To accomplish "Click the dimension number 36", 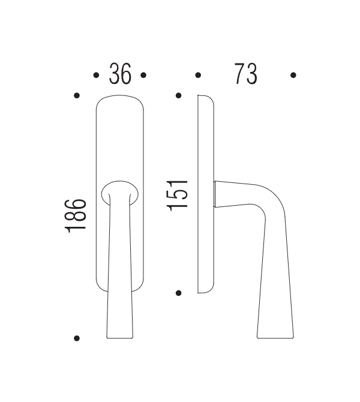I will pos(119,75).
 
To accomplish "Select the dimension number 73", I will pos(245,75).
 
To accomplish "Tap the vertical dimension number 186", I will pos(77,216).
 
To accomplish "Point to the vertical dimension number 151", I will pos(178,194).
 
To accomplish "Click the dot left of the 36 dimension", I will pos(96,76).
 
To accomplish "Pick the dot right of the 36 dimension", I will pos(143,76).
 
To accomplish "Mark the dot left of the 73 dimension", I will pos(198,76).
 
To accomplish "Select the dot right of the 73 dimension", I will pos(293,76).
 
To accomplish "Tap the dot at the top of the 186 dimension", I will pos(76,96).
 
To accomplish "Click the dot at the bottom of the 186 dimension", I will pos(76,338).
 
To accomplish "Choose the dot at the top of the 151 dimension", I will pos(178,96).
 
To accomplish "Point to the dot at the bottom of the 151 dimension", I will pos(178,293).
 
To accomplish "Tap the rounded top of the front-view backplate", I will pos(119,100).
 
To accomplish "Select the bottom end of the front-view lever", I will pos(119,333).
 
